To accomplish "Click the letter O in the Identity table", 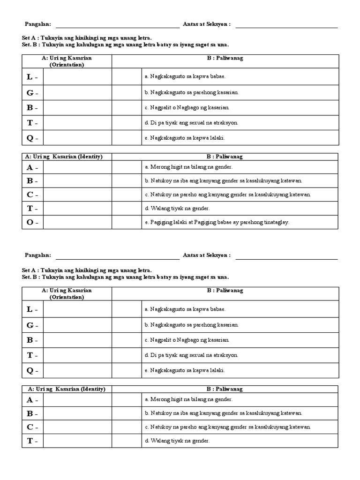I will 30,222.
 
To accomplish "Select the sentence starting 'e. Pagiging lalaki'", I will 217,222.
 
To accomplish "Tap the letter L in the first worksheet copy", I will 30,76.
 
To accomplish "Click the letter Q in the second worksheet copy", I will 30,370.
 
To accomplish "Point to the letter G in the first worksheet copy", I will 30,92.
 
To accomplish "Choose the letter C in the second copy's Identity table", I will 30,427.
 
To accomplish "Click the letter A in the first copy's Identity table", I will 30,167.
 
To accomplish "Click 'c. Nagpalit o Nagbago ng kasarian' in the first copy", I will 187,107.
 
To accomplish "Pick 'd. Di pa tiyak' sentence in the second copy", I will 191,355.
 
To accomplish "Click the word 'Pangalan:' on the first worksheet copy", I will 37,24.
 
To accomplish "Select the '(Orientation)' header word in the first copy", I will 67,65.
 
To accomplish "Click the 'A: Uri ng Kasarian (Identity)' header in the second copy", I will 67,389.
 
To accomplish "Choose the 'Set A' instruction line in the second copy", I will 87,270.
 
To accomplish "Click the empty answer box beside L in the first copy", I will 77,76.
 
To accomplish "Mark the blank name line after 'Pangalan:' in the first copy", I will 117,25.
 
